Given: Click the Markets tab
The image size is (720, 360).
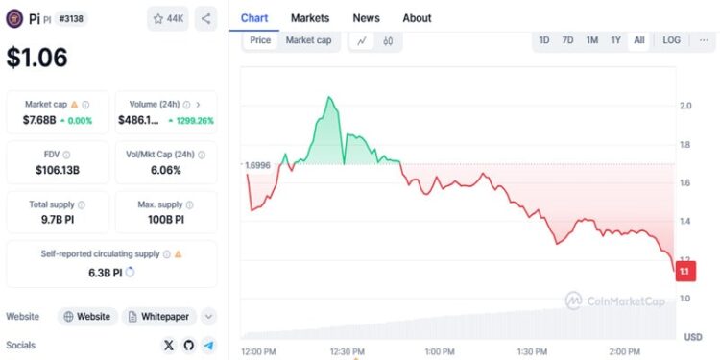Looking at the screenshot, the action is click(310, 18).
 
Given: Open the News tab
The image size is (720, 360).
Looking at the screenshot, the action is click(366, 18).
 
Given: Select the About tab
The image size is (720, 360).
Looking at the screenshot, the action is click(417, 18).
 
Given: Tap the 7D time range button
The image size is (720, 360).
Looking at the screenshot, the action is click(567, 40).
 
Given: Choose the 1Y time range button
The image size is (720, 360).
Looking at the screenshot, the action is click(615, 40).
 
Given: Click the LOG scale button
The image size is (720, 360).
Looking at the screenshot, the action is click(671, 40).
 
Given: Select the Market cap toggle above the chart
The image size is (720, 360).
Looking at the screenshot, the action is click(308, 40).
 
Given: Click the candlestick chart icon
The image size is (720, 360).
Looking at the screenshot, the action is click(388, 41).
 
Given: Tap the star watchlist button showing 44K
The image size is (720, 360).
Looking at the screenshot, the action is click(168, 19).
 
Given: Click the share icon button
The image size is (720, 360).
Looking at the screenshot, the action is click(205, 19).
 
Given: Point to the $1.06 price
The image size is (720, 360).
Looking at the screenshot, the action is click(36, 58).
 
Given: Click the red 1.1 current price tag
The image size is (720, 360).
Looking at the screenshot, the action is click(685, 272).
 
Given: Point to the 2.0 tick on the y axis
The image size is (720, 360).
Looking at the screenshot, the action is click(685, 106).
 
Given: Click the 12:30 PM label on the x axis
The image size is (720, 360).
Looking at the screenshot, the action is click(348, 352).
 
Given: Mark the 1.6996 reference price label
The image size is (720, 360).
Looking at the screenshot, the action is click(257, 165).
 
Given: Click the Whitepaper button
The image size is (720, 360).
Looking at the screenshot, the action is click(158, 317).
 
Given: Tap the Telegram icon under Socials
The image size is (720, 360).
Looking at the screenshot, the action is click(209, 346).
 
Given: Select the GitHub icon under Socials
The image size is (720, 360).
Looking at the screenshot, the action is click(189, 346).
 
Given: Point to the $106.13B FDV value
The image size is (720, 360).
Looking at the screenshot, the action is click(58, 170).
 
